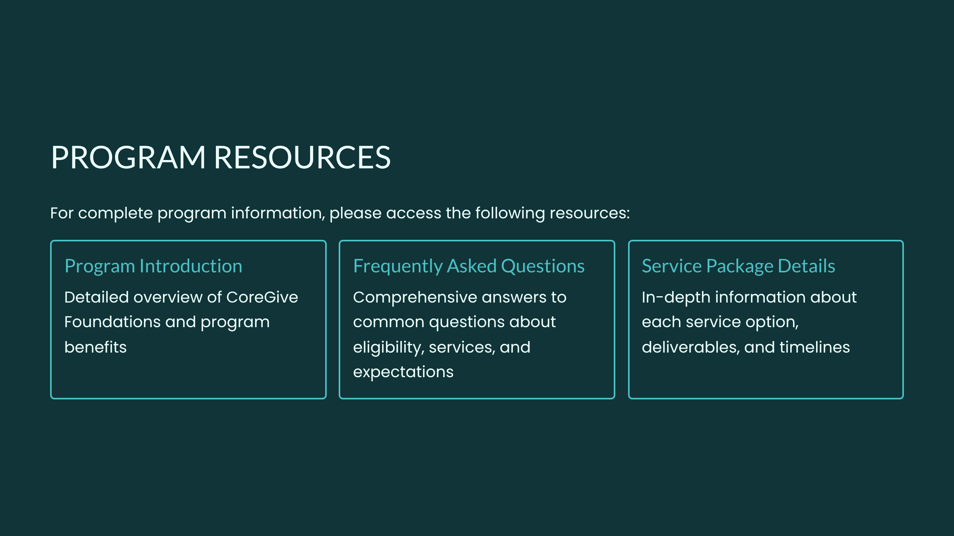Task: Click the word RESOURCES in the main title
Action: coord(302,157)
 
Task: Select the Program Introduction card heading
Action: coord(153,266)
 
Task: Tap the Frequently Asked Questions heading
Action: coord(469,266)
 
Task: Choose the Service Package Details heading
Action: coord(738,266)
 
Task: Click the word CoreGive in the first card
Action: coord(262,297)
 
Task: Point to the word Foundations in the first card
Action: coord(112,322)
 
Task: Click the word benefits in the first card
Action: coord(95,347)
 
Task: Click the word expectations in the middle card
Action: coord(403,372)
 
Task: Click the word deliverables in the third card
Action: coord(690,347)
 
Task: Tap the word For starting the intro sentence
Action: coord(62,213)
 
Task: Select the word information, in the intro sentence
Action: coord(278,213)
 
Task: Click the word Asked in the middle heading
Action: coord(472,266)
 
